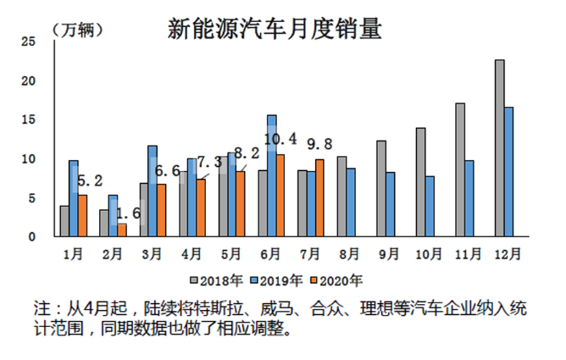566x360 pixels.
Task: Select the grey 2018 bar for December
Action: point(500,148)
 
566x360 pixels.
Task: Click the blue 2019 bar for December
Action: point(509,172)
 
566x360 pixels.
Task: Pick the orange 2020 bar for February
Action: point(122,230)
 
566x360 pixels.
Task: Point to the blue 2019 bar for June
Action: point(271,175)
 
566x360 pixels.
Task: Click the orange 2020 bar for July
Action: point(319,197)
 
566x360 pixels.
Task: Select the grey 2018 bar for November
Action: point(460,169)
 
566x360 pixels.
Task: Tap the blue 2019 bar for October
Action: point(430,206)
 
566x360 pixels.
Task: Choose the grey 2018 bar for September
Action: point(381,188)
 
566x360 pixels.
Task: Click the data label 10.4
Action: point(280,139)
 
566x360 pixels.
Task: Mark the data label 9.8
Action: point(319,144)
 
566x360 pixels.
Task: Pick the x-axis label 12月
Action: point(506,252)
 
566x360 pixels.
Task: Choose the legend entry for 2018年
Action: point(217,280)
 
